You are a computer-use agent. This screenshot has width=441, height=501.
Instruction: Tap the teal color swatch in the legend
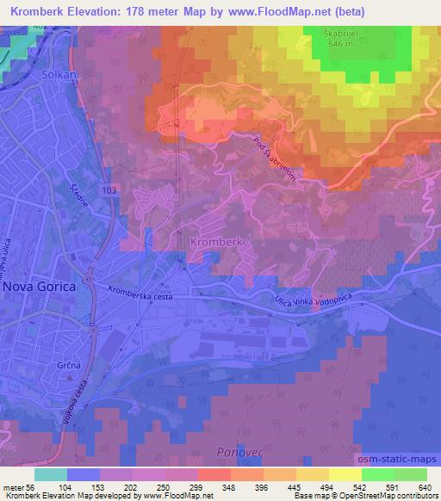click(51, 474)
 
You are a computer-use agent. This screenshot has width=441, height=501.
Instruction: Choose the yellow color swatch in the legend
click(345, 474)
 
